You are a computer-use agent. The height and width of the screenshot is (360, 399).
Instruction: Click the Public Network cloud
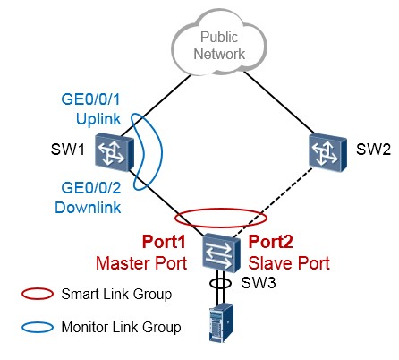click(x=219, y=43)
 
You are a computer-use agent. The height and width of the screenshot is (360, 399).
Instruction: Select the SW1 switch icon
click(x=115, y=152)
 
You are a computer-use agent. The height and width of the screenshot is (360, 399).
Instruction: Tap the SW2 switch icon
click(x=327, y=151)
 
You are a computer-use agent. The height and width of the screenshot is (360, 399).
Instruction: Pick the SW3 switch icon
click(x=221, y=253)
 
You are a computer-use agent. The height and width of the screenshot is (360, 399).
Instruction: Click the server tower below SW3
click(x=221, y=322)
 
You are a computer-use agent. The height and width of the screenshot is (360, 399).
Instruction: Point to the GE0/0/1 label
click(x=90, y=99)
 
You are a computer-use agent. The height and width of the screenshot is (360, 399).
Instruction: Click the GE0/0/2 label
click(x=91, y=188)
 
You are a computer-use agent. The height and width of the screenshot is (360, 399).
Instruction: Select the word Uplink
click(x=98, y=119)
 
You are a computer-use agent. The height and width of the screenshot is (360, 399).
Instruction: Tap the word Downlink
click(x=88, y=207)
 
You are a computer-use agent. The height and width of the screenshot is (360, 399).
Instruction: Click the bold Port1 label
click(x=164, y=242)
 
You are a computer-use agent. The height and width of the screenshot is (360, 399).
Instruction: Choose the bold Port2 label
click(x=270, y=242)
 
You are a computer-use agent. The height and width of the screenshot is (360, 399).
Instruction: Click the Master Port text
click(x=141, y=263)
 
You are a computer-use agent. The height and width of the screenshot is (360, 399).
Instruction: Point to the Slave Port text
click(x=289, y=263)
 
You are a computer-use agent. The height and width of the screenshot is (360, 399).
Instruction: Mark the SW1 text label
click(x=68, y=149)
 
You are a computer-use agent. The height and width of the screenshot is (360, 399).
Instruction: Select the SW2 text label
click(x=373, y=149)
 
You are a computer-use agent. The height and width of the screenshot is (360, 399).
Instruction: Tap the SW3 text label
click(x=259, y=282)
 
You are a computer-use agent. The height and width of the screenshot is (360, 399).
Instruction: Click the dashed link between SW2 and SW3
click(x=273, y=202)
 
